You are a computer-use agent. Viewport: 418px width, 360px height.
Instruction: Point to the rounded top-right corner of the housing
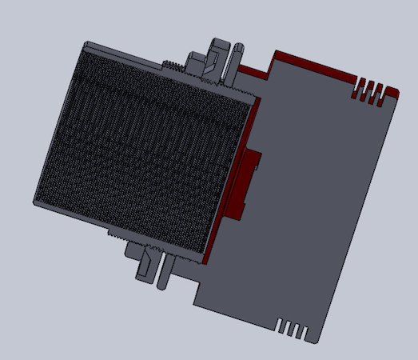392,89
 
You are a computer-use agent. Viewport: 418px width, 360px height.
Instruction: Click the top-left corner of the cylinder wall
88,43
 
